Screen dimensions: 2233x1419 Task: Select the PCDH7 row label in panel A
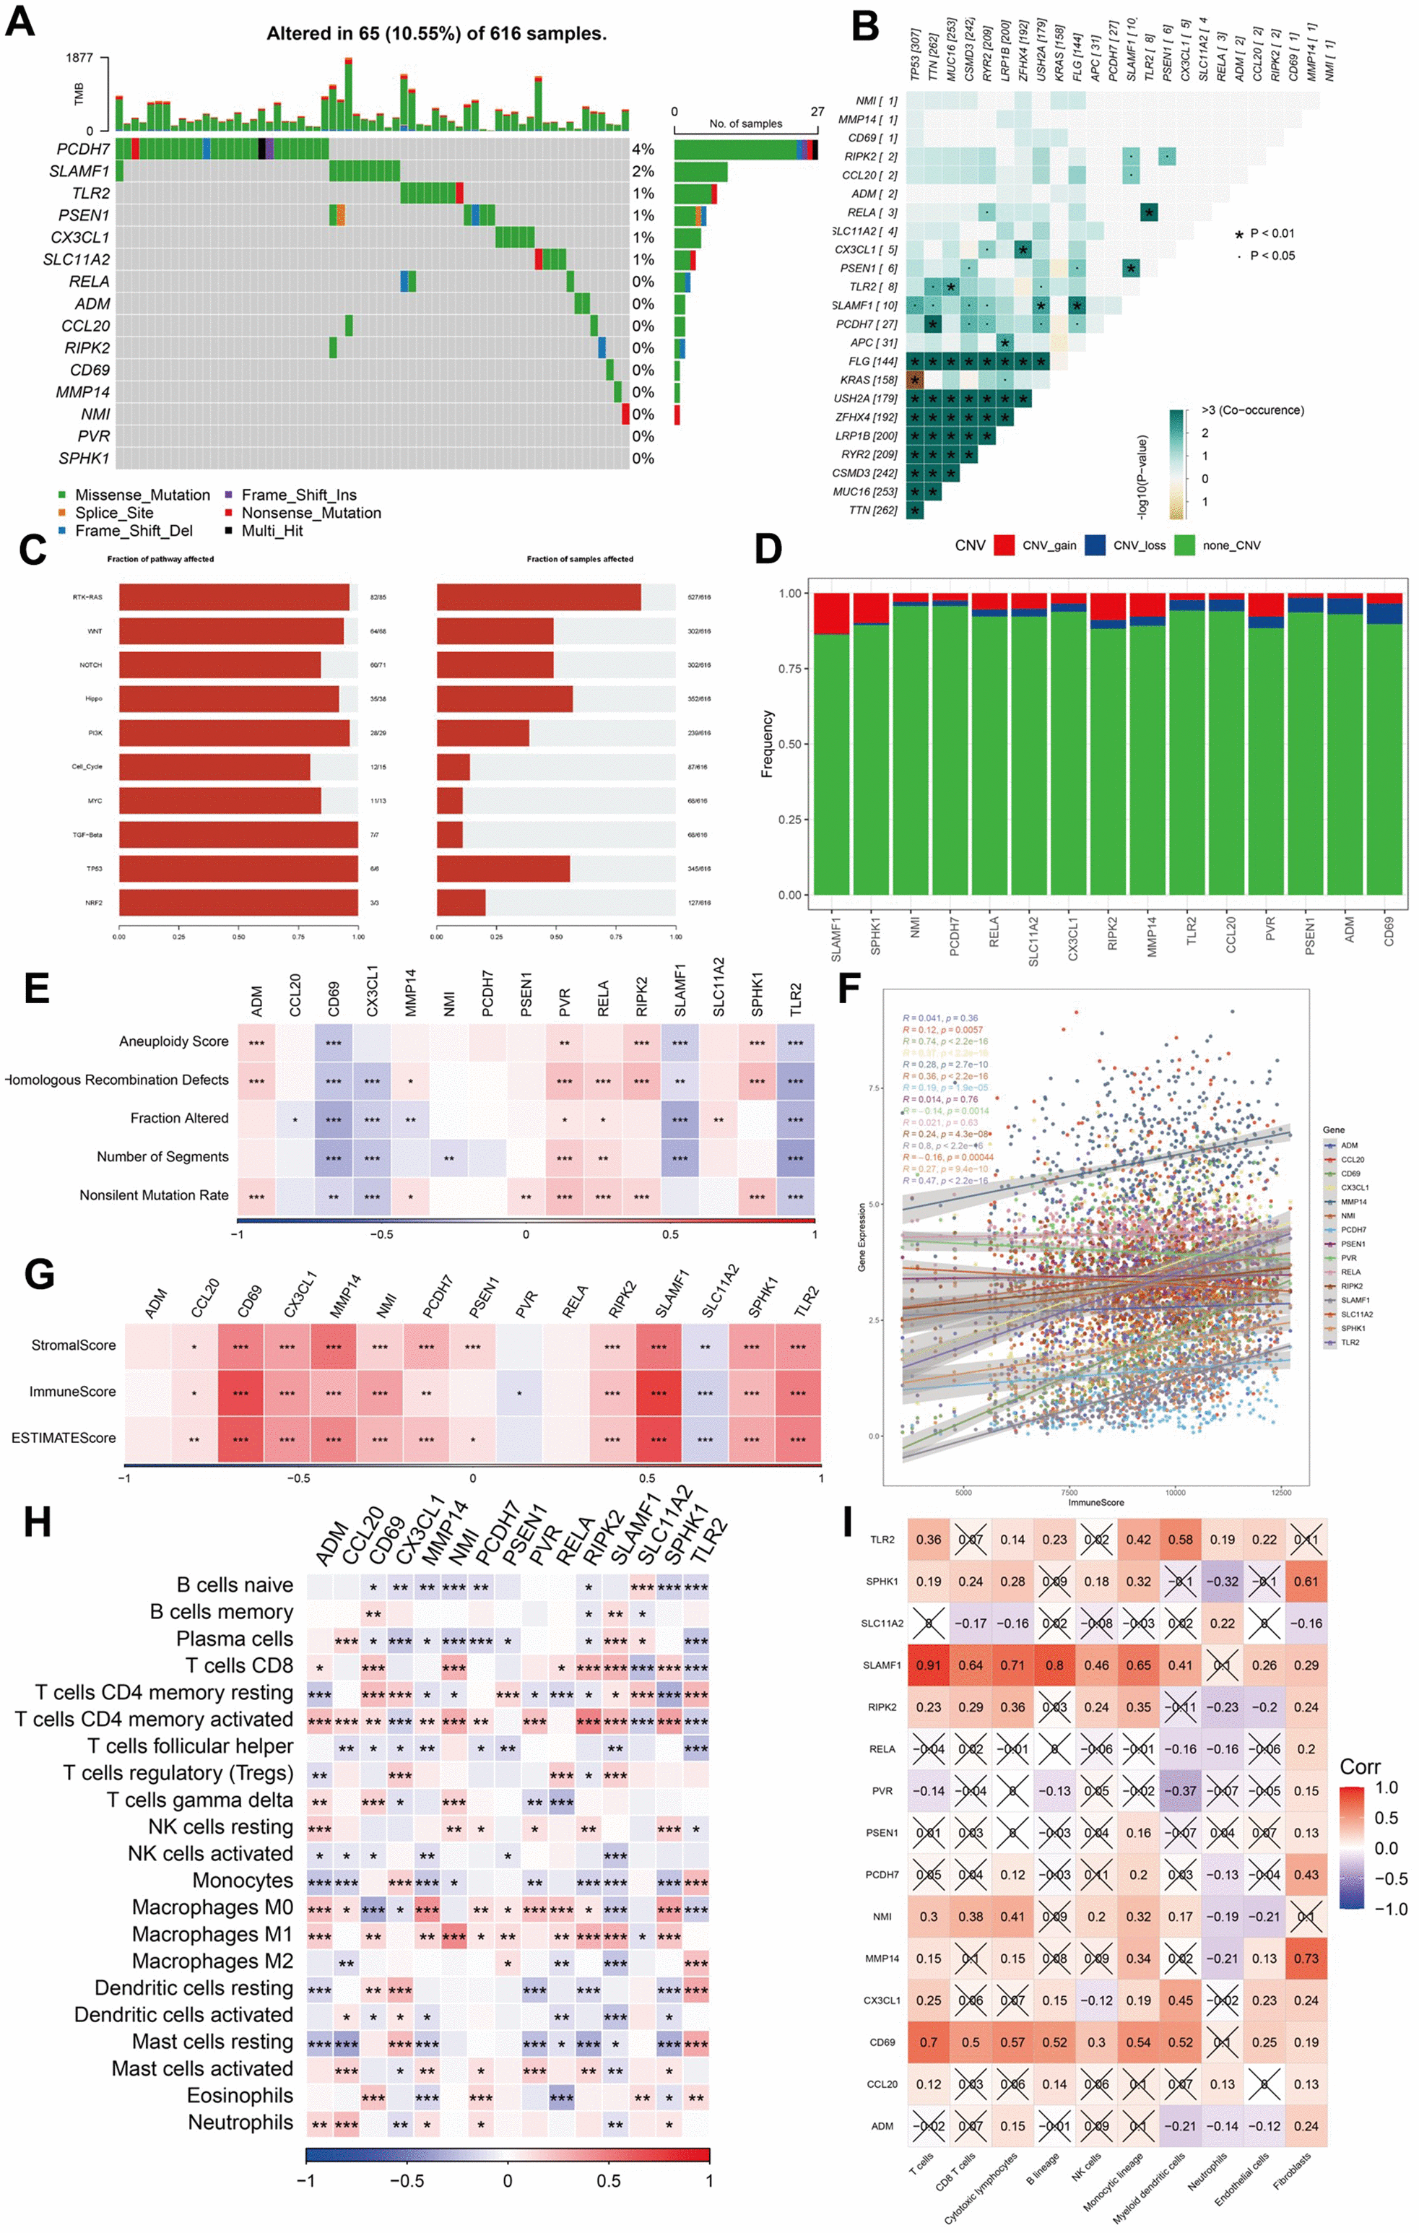tap(84, 149)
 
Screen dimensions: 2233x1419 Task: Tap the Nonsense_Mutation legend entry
tap(311, 513)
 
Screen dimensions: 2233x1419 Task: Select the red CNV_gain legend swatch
tap(1004, 545)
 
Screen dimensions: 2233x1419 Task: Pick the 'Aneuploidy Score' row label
tap(173, 1041)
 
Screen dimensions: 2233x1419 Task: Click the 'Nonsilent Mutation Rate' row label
tap(154, 1195)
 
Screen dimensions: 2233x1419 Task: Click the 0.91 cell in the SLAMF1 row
tap(929, 1665)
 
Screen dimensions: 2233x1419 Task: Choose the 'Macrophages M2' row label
tap(212, 1961)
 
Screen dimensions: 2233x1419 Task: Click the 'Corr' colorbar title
tap(1360, 1766)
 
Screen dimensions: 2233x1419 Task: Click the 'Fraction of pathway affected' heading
tap(160, 559)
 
